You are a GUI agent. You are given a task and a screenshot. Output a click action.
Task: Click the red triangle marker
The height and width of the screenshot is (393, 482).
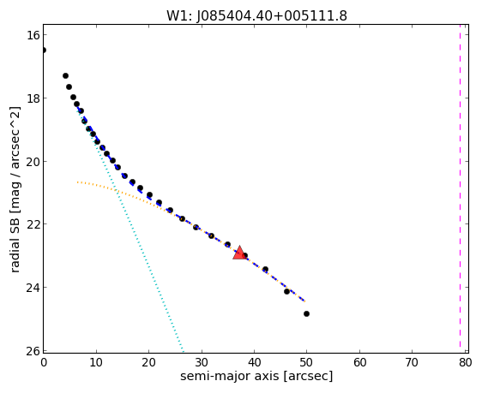(239, 253)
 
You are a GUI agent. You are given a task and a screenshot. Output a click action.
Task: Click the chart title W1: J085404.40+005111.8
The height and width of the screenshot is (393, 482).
(256, 15)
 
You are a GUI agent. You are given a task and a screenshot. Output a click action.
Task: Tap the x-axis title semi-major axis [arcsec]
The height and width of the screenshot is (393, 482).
(256, 376)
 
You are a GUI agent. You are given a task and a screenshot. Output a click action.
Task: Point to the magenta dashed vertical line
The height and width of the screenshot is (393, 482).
(460, 186)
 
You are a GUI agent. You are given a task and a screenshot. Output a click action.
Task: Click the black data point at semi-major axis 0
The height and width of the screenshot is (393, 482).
(44, 50)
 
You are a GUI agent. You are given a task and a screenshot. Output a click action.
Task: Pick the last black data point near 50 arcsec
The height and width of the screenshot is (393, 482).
(306, 313)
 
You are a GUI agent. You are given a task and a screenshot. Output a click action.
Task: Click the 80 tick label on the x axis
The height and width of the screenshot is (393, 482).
(466, 363)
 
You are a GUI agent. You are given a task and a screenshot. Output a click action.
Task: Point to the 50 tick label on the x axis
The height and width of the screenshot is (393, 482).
(306, 363)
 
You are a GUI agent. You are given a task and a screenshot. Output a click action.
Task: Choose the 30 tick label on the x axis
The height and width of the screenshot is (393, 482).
(202, 363)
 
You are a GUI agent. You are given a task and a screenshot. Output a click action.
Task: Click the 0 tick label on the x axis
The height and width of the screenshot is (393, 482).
(44, 363)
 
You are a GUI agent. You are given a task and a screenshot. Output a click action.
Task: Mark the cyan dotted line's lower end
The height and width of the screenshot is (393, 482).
(184, 352)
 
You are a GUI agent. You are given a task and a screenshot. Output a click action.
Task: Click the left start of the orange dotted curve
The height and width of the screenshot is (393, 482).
(78, 182)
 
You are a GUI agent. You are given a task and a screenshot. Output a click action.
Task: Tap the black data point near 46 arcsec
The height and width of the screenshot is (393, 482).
(286, 291)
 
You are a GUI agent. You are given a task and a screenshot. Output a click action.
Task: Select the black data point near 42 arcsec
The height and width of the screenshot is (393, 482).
(265, 269)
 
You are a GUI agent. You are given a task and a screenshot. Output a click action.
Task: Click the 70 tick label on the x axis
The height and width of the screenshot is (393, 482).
(412, 363)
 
